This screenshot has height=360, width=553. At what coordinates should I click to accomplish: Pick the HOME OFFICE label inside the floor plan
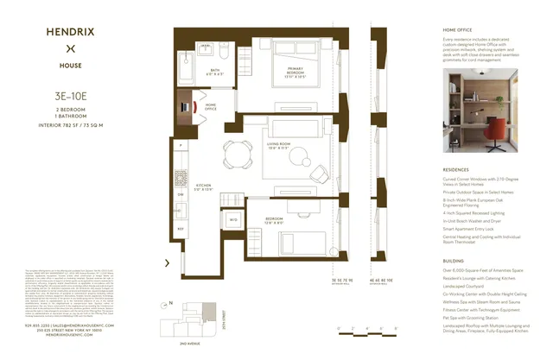tap(211, 108)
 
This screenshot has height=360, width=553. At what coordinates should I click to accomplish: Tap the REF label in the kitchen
tap(181, 228)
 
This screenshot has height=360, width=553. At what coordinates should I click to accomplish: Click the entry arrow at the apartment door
tap(166, 262)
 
